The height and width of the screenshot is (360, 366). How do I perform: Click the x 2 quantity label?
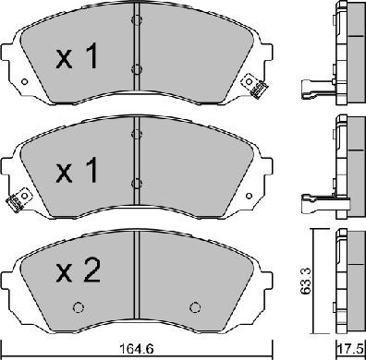click(x=79, y=270)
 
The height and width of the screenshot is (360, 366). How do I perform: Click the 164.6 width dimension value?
click(x=137, y=349)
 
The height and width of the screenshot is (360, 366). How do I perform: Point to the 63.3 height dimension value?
click(x=307, y=281)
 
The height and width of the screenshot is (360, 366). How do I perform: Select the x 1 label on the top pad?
click(x=77, y=56)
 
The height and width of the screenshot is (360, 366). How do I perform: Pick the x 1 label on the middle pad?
click(x=77, y=170)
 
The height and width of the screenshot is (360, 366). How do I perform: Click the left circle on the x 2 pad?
click(x=79, y=307)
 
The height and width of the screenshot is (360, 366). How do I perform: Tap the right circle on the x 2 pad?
click(x=195, y=307)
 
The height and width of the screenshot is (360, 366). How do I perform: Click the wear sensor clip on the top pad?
click(x=254, y=85)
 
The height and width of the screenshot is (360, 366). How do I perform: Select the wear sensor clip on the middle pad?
click(x=18, y=199)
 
